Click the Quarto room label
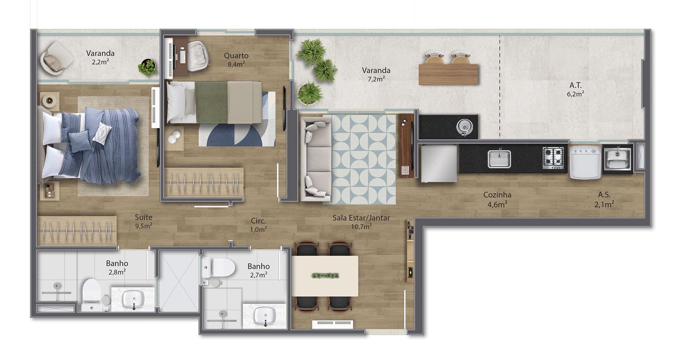tap(236, 56)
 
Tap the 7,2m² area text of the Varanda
tap(376, 79)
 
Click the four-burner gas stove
tap(553, 158)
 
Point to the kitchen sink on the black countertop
tap(499, 159)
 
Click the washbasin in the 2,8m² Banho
tap(134, 299)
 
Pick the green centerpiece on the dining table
tap(325, 276)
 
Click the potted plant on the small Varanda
tap(148, 68)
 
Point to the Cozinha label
tap(497, 195)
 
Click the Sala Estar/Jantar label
tap(361, 218)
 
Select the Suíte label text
tap(143, 217)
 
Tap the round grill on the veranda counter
tap(464, 126)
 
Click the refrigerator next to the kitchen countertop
tap(439, 164)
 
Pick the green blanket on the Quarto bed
tap(211, 102)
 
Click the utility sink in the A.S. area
tap(617, 159)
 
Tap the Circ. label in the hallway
tap(258, 221)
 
